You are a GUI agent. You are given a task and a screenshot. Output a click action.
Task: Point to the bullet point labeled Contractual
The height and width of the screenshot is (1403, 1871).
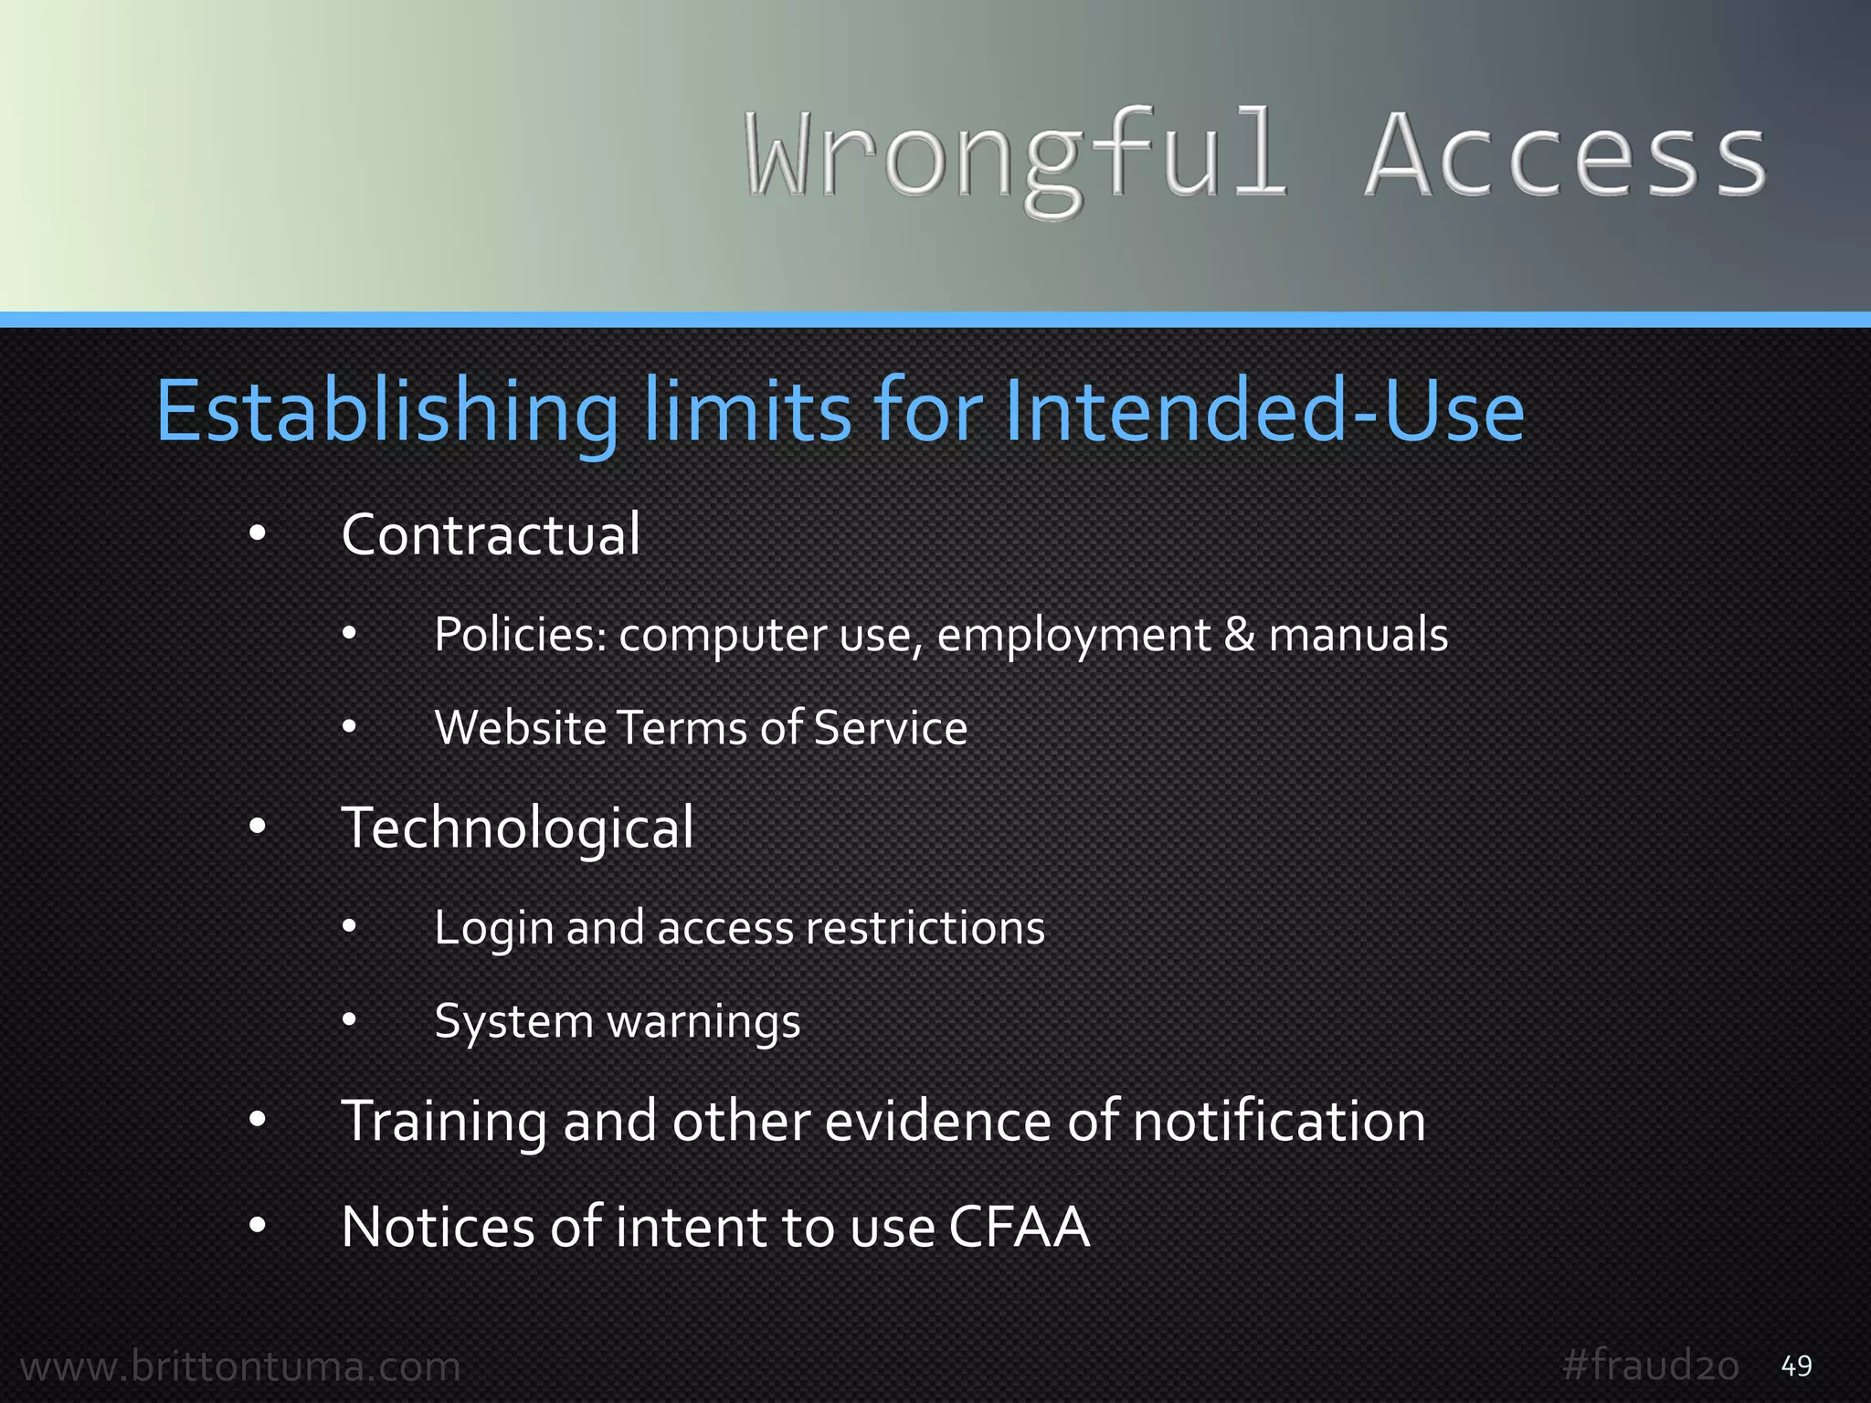point(491,535)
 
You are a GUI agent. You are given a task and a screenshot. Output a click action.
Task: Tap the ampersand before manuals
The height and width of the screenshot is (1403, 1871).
point(1238,635)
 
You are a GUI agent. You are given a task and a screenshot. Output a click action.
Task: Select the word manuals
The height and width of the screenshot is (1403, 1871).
point(1358,635)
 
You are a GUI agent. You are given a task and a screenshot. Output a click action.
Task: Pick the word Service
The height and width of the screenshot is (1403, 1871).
point(890,728)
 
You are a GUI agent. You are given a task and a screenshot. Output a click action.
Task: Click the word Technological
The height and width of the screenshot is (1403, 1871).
point(517,828)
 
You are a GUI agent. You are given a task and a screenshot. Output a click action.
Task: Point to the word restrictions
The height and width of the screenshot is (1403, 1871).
point(925,928)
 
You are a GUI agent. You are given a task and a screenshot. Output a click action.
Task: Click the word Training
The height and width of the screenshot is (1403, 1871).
point(443,1123)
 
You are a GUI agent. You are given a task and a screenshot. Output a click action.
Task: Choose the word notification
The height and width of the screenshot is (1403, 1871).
point(1279,1121)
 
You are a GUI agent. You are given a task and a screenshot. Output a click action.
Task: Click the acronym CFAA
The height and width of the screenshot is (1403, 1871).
point(1020,1227)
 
